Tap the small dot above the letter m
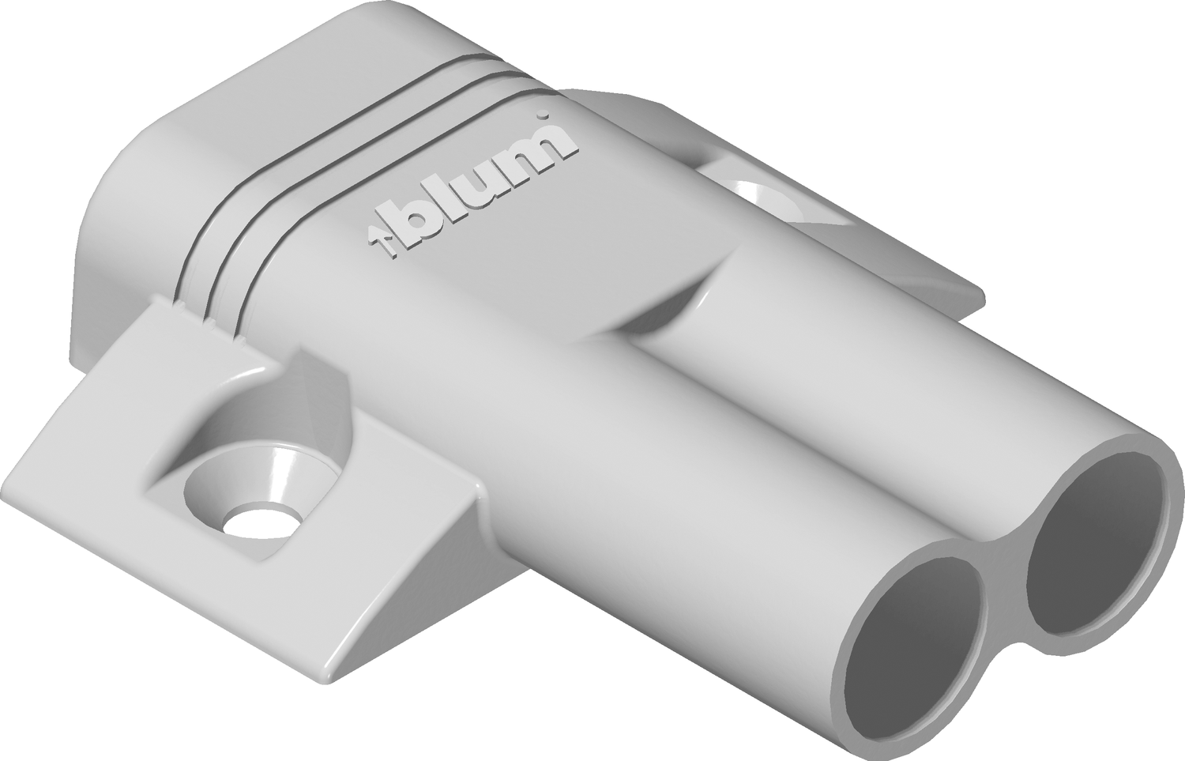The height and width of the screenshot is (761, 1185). click(x=543, y=115)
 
